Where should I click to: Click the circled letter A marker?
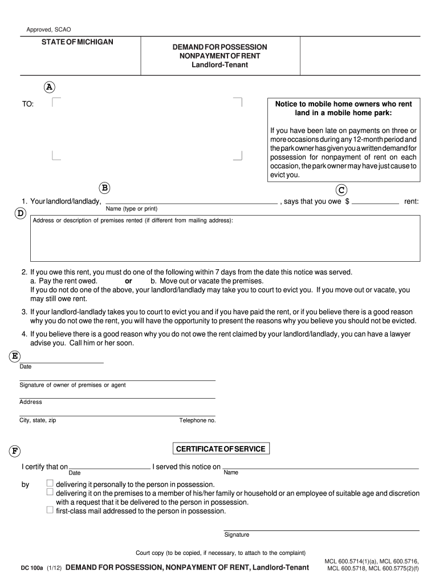click(50, 87)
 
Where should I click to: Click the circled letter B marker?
click(105, 188)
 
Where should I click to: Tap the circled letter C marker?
click(342, 189)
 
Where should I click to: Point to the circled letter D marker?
click(20, 213)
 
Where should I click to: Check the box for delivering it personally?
click(50, 483)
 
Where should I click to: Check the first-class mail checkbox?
click(50, 510)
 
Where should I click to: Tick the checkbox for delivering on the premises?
click(50, 492)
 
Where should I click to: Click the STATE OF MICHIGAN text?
click(77, 42)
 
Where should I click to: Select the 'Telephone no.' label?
click(197, 420)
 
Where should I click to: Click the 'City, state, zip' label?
click(38, 420)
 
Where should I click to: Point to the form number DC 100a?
click(31, 568)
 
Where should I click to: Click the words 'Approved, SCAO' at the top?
click(49, 30)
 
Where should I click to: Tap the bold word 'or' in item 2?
click(128, 281)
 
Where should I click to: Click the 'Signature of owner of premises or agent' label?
click(72, 385)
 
